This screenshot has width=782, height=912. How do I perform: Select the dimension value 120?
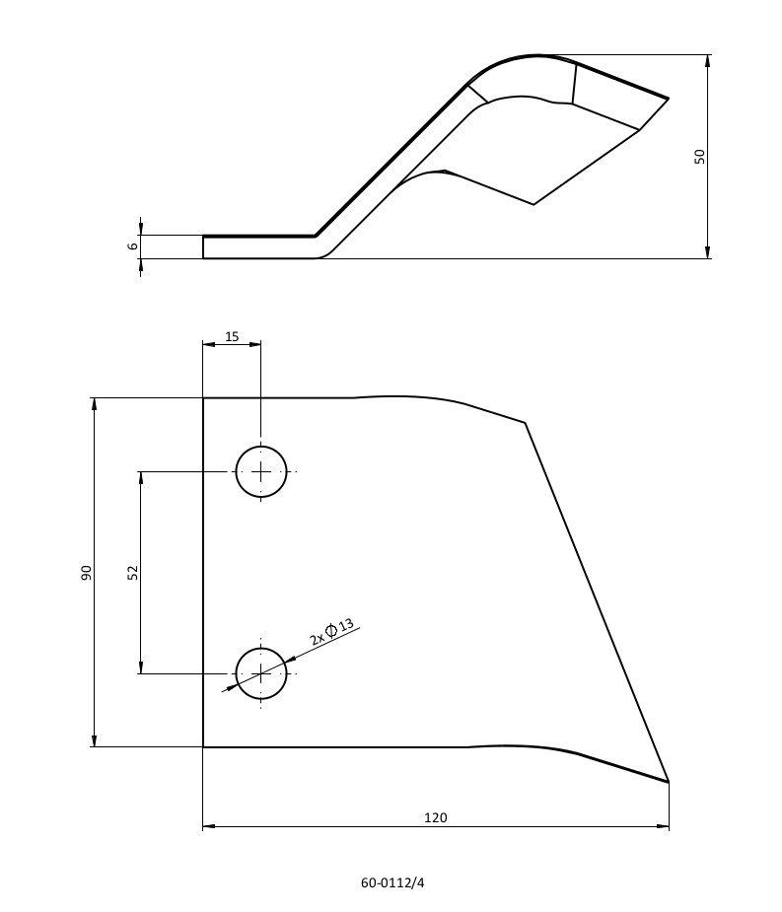pos(436,817)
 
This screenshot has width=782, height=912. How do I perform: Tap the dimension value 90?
pos(86,572)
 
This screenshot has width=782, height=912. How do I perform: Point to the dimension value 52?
pos(133,572)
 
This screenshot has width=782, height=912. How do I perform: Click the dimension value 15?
pos(232,336)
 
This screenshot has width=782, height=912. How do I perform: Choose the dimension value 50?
pos(699,157)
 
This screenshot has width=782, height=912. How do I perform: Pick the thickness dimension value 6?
pos(133,246)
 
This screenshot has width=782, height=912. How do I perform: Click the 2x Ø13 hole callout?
pos(331,632)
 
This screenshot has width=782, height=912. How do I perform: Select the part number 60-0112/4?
pos(392,883)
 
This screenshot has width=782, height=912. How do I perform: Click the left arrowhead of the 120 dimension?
pos(209,826)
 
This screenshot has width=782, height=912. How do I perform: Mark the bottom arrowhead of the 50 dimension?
pos(707,251)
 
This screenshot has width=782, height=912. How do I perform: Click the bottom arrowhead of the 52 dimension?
pos(140,666)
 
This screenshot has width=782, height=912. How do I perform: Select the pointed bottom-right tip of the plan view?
pos(669,782)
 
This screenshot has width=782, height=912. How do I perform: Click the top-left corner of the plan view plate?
pos(203,398)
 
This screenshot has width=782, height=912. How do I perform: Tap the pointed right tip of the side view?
pos(669,99)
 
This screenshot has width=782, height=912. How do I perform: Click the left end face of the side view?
pos(203,246)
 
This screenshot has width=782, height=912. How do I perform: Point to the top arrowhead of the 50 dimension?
pos(707,62)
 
